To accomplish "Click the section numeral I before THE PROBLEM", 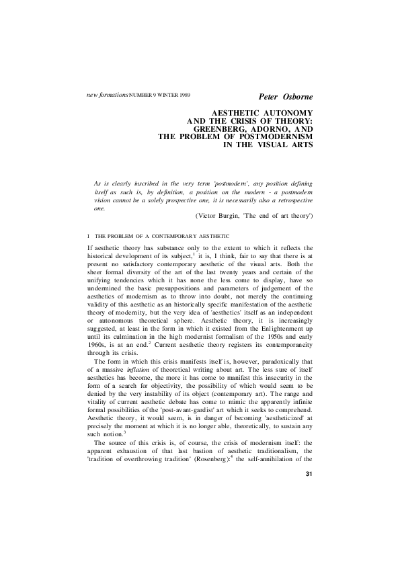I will point(89,237).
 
